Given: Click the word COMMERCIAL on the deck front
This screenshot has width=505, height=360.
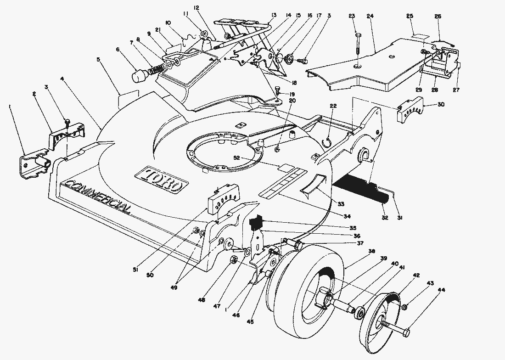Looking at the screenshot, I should click(x=98, y=197).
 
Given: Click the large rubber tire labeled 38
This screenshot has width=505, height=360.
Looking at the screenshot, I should click(x=294, y=285).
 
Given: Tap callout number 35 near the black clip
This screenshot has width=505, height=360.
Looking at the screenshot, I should click(x=352, y=228).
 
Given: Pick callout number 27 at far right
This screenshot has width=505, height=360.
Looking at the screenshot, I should click(x=456, y=90).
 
